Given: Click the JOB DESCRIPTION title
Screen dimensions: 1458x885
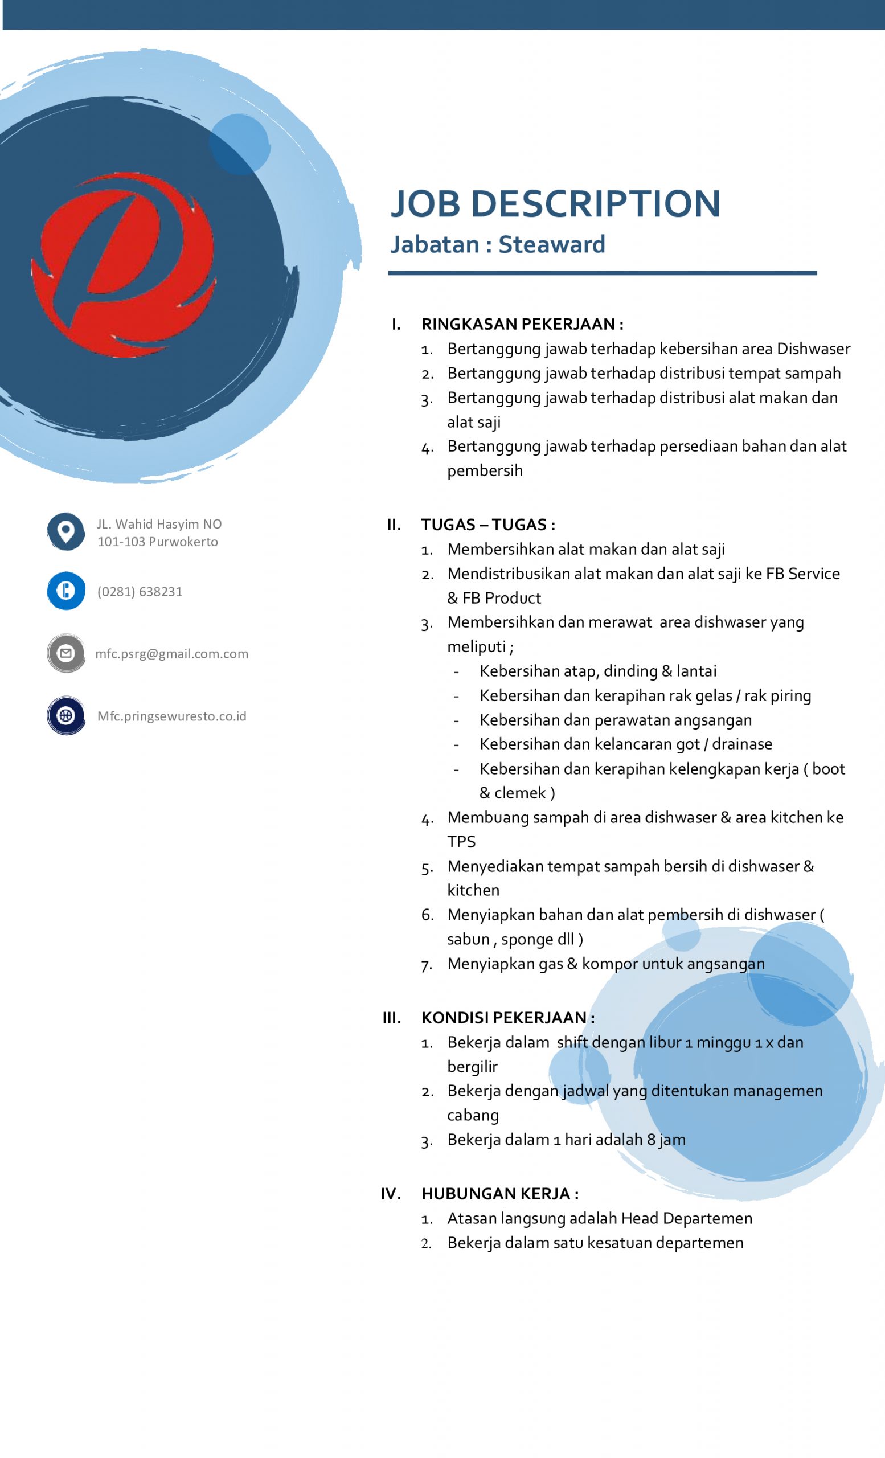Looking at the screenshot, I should coord(555,204).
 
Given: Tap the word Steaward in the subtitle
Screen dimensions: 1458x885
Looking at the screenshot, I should coord(551,244).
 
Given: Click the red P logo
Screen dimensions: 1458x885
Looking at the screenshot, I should coord(124,264).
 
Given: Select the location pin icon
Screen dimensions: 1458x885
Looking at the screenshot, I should coord(65,531).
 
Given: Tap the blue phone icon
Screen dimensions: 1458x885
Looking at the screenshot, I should coord(65,591).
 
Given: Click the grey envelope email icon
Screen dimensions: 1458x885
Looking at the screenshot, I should coord(65,653).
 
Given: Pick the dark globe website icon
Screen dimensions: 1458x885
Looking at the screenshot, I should coord(65,715).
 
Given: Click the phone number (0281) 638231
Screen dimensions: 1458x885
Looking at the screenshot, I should coord(140,592).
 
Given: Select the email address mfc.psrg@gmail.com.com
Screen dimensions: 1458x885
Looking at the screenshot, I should coord(171,654).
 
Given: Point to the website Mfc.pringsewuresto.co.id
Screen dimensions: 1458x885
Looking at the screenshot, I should coord(171,716).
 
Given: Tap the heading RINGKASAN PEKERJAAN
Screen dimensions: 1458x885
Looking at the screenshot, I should coord(519,324).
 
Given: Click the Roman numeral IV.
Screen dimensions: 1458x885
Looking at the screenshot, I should coord(391,1194).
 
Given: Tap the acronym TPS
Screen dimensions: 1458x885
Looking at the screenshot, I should coord(461,842).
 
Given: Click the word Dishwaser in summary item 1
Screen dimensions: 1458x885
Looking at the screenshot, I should coord(813,349).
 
